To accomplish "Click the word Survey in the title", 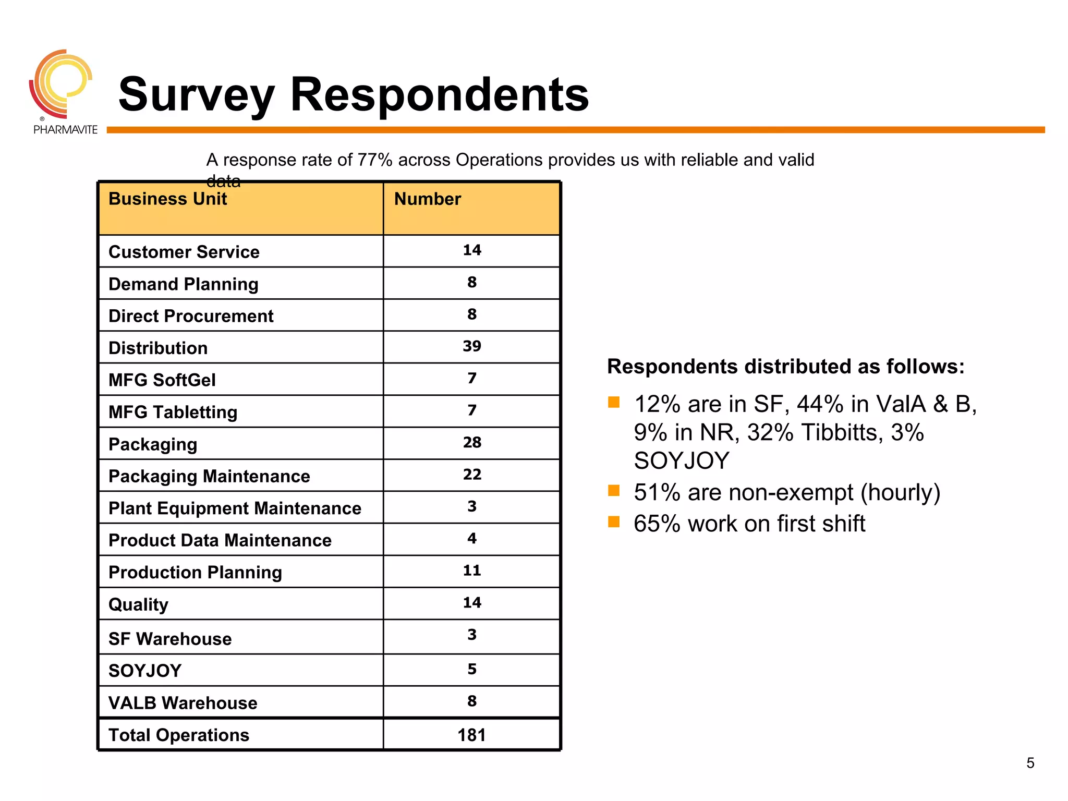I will pyautogui.click(x=196, y=95).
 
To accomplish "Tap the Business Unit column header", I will pyautogui.click(x=167, y=199).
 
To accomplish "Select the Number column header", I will pyautogui.click(x=427, y=199).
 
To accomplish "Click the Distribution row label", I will pyautogui.click(x=158, y=348).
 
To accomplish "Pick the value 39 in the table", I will pyautogui.click(x=471, y=346).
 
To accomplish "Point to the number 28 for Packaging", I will pyautogui.click(x=471, y=443).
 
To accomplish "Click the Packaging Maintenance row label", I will pyautogui.click(x=209, y=477).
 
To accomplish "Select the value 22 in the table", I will pyautogui.click(x=471, y=475).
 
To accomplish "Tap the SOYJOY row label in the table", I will pyautogui.click(x=145, y=671).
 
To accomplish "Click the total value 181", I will pyautogui.click(x=471, y=735).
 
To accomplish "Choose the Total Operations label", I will pyautogui.click(x=179, y=735).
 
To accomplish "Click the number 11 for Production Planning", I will pyautogui.click(x=471, y=571).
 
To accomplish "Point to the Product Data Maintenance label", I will pyautogui.click(x=220, y=541).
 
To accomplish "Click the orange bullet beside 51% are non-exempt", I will pyautogui.click(x=614, y=491).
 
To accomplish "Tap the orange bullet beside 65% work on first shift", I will pyautogui.click(x=614, y=522).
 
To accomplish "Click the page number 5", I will pyautogui.click(x=1030, y=763).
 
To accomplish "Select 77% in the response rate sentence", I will pyautogui.click(x=374, y=160).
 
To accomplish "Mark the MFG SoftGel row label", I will pyautogui.click(x=162, y=380).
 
